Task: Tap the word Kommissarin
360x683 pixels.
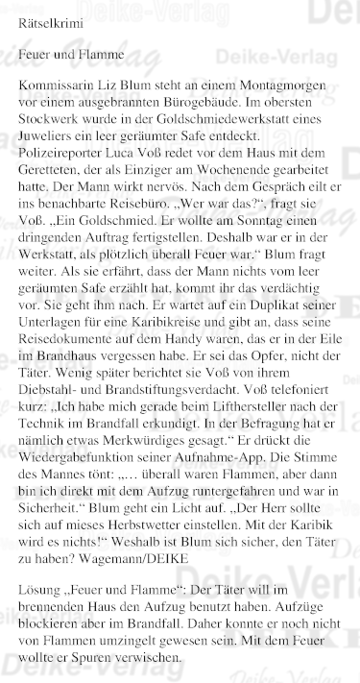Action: click(60, 95)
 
